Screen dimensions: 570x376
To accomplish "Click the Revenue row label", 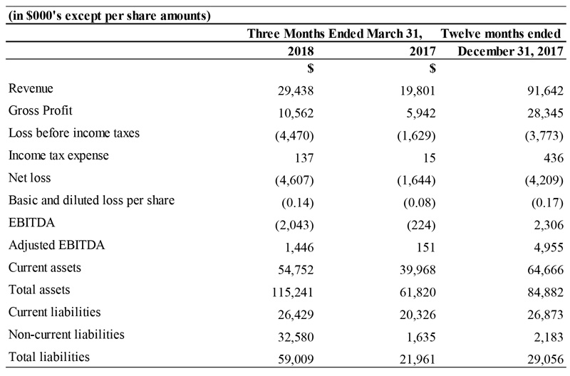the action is pyautogui.click(x=31, y=88).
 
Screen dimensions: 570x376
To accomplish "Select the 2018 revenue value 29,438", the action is pyautogui.click(x=296, y=90).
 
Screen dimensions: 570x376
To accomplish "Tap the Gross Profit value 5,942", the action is pyautogui.click(x=420, y=113).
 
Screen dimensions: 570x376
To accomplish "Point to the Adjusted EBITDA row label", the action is pyautogui.click(x=57, y=245).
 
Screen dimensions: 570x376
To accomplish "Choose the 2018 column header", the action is pyautogui.click(x=301, y=51).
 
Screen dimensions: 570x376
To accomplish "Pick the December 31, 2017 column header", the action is pyautogui.click(x=510, y=51).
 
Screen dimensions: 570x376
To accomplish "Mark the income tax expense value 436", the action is pyautogui.click(x=554, y=157).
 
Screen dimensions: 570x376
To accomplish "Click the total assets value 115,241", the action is pyautogui.click(x=293, y=292).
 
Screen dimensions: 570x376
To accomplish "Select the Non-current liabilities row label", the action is pyautogui.click(x=66, y=335).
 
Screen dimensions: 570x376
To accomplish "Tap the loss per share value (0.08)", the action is pyautogui.click(x=419, y=203).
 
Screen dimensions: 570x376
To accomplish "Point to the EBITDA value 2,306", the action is pyautogui.click(x=549, y=225).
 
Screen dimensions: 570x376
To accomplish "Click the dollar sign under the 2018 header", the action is pyautogui.click(x=310, y=68).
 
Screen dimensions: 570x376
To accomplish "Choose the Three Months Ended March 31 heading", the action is pyautogui.click(x=335, y=33).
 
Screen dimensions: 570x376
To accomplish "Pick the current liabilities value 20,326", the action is pyautogui.click(x=418, y=315).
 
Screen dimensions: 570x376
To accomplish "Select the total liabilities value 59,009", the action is pyautogui.click(x=296, y=360).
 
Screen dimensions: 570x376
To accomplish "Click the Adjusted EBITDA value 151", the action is pyautogui.click(x=425, y=247).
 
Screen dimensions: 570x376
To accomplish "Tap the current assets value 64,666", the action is pyautogui.click(x=545, y=270).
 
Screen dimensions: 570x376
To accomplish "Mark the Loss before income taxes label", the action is pyautogui.click(x=74, y=133).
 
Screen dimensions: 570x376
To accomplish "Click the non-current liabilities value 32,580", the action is pyautogui.click(x=296, y=337).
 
